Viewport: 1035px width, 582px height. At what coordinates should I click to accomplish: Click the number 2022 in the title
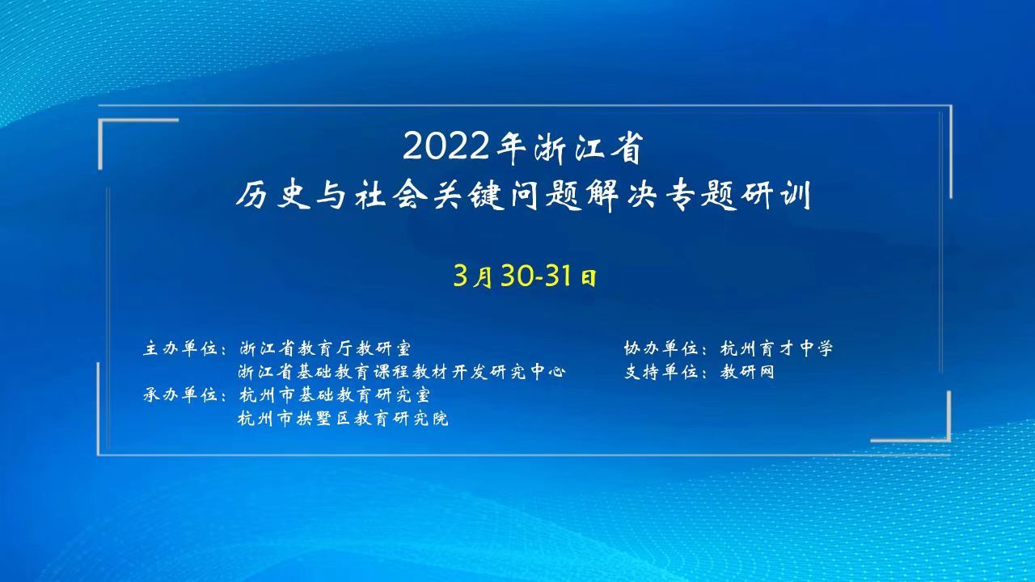point(446,147)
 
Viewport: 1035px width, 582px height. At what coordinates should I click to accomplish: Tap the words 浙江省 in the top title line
point(588,148)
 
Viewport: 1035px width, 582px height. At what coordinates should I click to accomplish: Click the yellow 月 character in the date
point(484,277)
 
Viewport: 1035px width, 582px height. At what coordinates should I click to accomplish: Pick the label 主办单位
point(180,348)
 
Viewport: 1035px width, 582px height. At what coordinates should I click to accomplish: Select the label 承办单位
point(180,395)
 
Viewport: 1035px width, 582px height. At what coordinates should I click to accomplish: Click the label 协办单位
point(661,348)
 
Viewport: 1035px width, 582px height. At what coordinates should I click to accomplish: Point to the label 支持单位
point(661,372)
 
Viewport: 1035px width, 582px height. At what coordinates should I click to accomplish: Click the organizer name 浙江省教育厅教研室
point(325,348)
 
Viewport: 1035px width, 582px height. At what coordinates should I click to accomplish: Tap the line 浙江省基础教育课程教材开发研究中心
point(402,372)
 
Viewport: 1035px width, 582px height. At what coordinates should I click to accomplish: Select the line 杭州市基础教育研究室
point(335,395)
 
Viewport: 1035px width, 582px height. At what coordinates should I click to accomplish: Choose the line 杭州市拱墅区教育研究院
point(343,419)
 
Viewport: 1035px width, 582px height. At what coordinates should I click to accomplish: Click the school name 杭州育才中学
point(777,348)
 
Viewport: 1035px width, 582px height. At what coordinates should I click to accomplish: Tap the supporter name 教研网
point(747,372)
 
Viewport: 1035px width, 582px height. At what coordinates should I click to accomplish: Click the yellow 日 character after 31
point(588,278)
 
